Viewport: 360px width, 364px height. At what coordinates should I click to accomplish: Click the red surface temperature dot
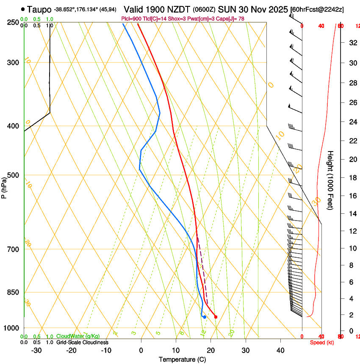click(x=216, y=317)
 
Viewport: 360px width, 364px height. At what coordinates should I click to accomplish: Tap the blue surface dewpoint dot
click(x=205, y=317)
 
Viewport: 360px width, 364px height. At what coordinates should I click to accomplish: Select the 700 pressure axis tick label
click(x=13, y=249)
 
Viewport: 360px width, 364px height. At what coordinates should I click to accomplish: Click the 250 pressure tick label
click(x=13, y=22)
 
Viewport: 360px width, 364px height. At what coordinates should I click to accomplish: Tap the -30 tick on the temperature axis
click(x=36, y=350)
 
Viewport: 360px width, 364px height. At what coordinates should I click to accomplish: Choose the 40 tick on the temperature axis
click(x=280, y=350)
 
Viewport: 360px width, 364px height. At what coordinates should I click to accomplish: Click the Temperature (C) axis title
click(x=182, y=359)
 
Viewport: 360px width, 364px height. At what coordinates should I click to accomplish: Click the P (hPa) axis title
click(x=4, y=187)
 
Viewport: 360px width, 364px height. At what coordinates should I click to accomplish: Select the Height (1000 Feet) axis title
click(x=331, y=180)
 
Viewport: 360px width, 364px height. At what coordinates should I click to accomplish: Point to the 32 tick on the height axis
click(x=352, y=43)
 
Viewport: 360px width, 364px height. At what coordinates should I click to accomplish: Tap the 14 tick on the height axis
click(x=352, y=214)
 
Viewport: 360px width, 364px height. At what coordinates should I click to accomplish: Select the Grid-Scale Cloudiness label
click(x=82, y=342)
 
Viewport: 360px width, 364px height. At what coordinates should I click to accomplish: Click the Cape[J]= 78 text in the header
click(x=232, y=19)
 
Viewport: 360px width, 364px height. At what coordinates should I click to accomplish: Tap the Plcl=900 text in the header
click(x=131, y=19)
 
